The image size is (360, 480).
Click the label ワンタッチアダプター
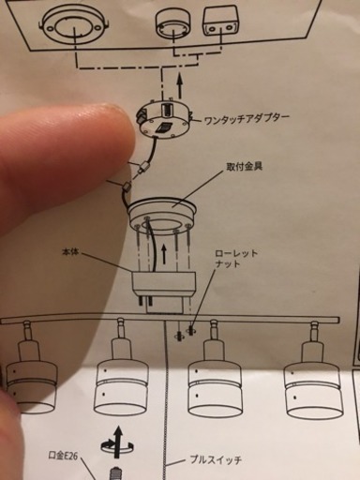pos(247,119)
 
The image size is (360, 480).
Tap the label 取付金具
pos(245,166)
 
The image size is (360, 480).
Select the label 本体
pos(70,252)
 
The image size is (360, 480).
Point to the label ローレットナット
pos(236,258)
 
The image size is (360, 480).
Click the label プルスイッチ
pos(216,459)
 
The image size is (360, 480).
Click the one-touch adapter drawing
pos(165,120)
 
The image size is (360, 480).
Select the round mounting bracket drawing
pos(162,216)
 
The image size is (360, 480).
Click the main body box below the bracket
pos(164,284)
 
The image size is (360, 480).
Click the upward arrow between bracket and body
pos(163,254)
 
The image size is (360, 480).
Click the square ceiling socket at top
pos(220,22)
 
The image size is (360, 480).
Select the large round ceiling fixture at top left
pos(74,23)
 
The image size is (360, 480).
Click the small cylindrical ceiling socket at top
pos(172,22)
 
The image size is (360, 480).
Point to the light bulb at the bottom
pos(115,472)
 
